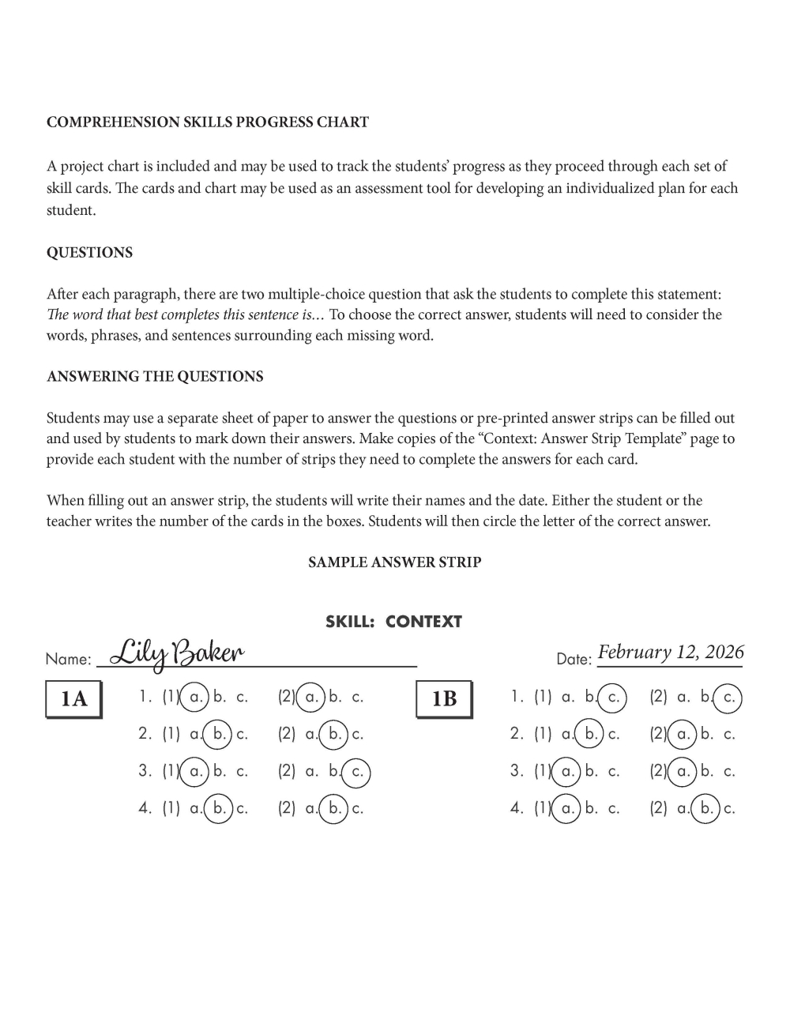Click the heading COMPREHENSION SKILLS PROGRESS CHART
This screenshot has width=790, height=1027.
tap(208, 122)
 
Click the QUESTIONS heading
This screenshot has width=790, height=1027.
tap(89, 253)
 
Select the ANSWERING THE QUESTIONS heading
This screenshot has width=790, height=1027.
tap(155, 377)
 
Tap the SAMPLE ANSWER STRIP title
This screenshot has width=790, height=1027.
tap(394, 562)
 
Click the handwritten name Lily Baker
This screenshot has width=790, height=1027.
tap(177, 653)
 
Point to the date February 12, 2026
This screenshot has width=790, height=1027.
tap(671, 653)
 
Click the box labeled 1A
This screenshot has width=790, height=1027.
tap(73, 698)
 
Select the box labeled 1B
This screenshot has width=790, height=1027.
tap(444, 698)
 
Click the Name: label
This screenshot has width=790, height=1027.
tap(68, 659)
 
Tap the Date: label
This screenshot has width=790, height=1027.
tap(574, 659)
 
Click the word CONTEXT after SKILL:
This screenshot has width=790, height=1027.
tap(423, 622)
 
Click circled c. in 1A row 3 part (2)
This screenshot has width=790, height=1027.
tap(356, 771)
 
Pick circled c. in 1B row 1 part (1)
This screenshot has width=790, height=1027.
tap(612, 698)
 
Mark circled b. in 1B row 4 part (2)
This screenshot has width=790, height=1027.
tap(705, 808)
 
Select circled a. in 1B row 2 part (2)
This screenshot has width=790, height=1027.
tap(683, 734)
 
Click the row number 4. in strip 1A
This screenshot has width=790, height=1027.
tap(145, 808)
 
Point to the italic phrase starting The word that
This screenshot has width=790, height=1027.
tap(185, 315)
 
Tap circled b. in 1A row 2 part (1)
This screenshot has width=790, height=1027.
tap(218, 734)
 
